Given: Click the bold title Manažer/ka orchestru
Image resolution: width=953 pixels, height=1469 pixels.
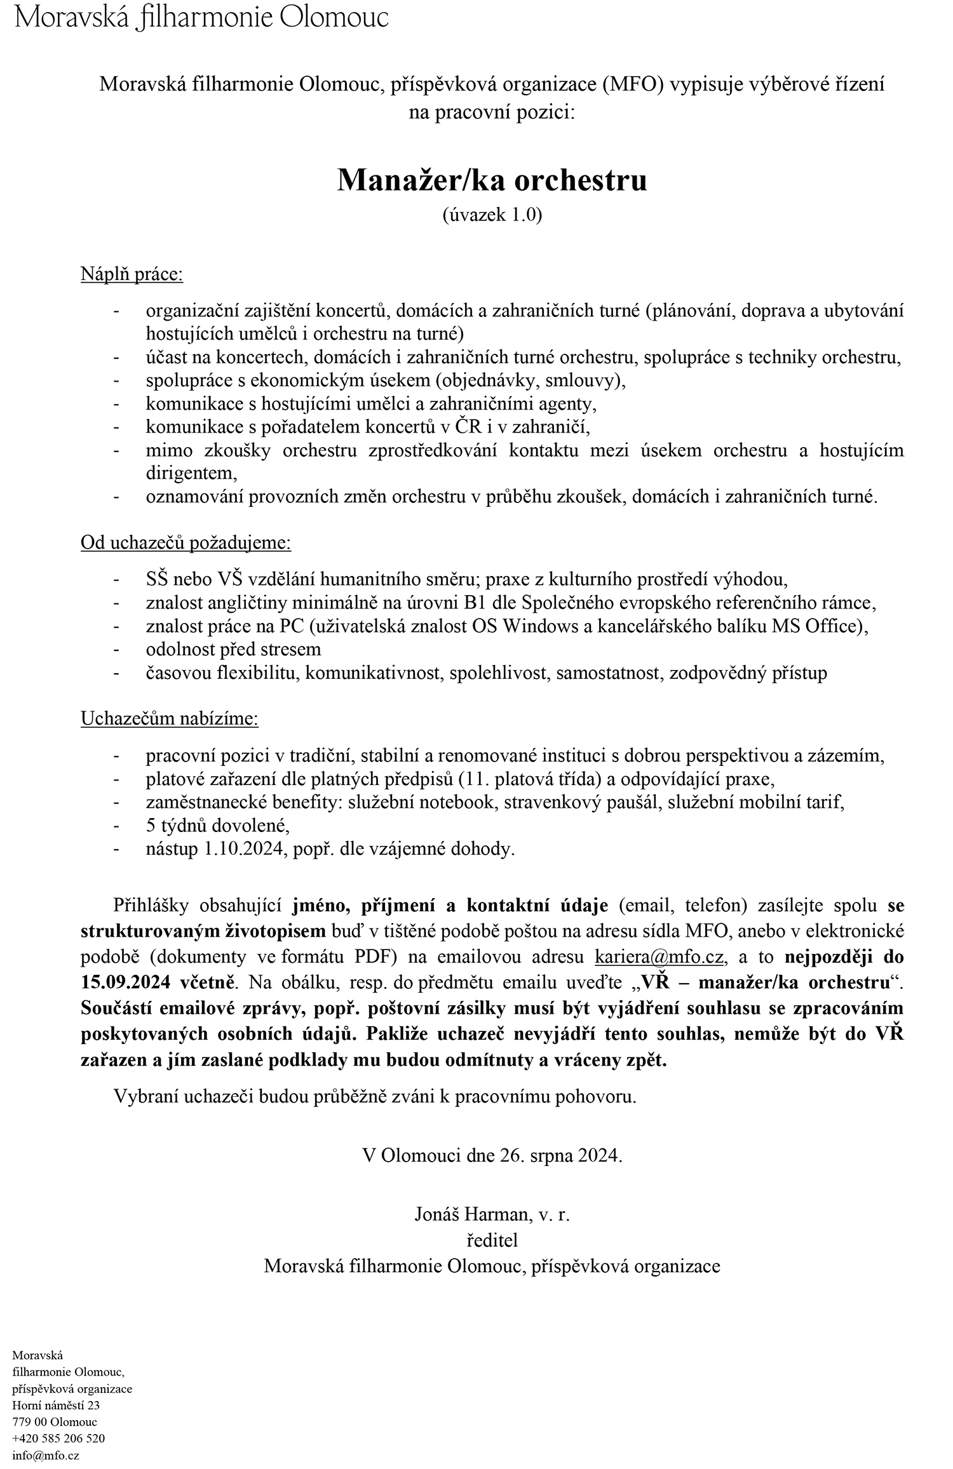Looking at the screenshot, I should tap(492, 180).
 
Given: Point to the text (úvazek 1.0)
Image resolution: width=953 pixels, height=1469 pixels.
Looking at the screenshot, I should tap(492, 215).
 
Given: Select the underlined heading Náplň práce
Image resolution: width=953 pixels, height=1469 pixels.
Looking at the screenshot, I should tap(132, 275).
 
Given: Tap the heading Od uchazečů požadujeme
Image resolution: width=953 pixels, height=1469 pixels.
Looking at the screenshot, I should tap(186, 543).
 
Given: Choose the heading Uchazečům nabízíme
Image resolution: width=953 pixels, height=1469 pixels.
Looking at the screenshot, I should tap(170, 719).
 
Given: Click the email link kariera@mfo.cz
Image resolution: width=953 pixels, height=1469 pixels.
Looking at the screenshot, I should tap(659, 956).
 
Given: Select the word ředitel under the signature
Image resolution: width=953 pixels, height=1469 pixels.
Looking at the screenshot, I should tap(492, 1240).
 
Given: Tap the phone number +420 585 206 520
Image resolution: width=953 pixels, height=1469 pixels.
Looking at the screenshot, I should tap(58, 1439).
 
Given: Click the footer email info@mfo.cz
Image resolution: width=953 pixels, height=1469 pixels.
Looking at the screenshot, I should tap(46, 1455).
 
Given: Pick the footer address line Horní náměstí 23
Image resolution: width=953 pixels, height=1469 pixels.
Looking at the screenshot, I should tap(56, 1405).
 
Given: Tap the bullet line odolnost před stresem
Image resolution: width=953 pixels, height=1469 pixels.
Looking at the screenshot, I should tap(233, 649).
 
